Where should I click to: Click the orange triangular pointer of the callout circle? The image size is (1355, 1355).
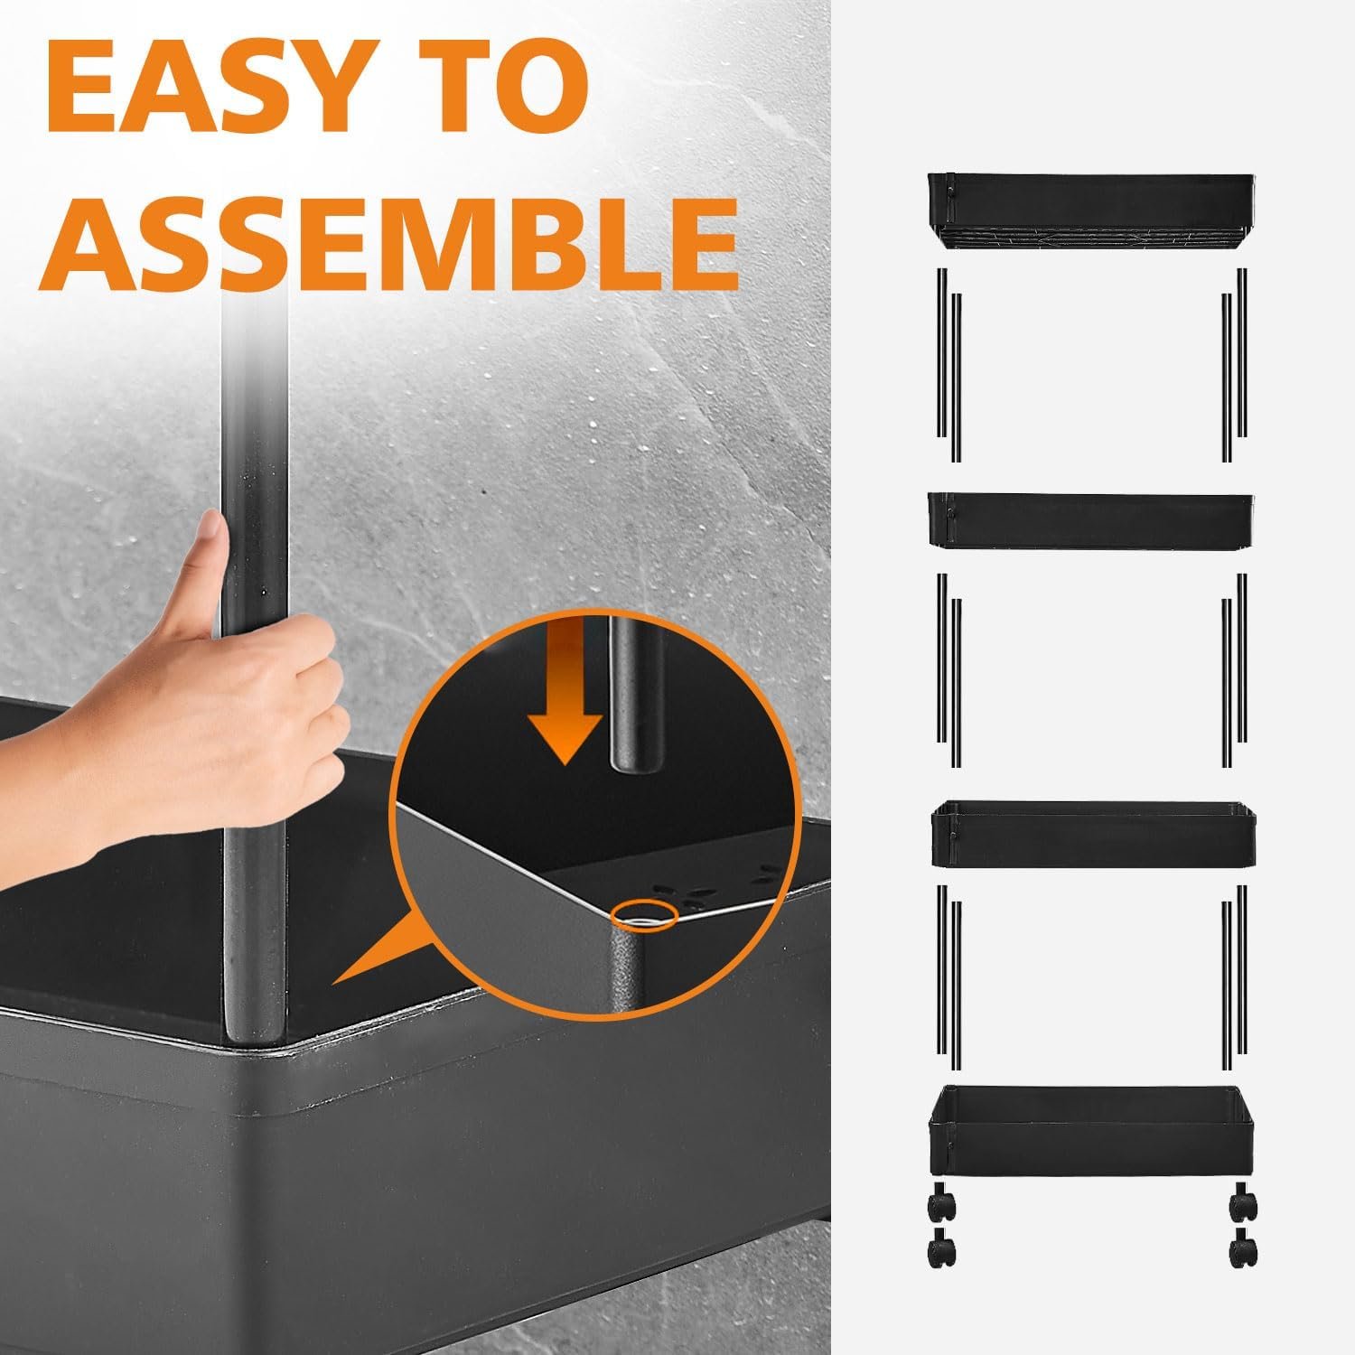[379, 944]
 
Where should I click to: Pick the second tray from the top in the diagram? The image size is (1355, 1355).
[1091, 519]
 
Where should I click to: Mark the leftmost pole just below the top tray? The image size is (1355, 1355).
[941, 352]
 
